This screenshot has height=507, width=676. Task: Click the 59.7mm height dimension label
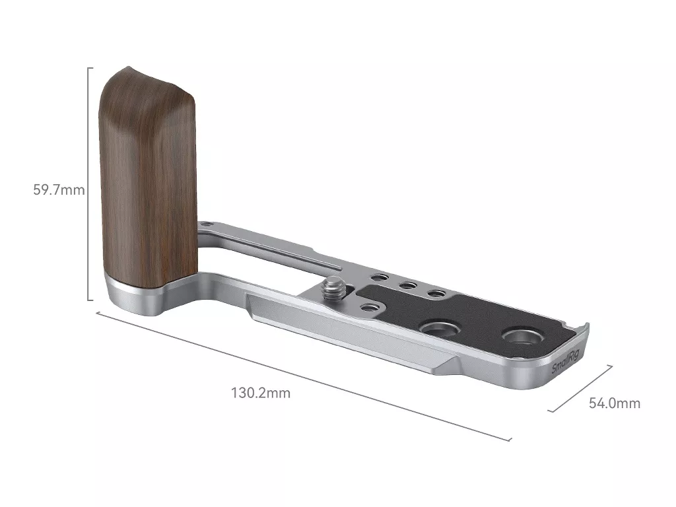click(x=59, y=189)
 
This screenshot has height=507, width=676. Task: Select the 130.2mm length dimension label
click(x=261, y=393)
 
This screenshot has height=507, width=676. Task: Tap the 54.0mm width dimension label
click(x=615, y=403)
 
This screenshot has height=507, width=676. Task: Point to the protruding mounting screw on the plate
click(x=332, y=288)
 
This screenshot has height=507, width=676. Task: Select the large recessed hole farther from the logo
click(x=439, y=329)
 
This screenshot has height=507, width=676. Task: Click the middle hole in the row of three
click(x=407, y=285)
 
